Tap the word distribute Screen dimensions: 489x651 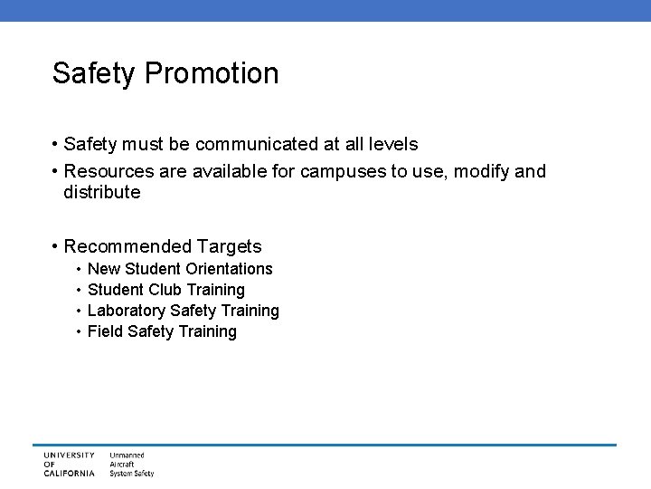[x=102, y=192]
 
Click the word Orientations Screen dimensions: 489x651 [x=229, y=269]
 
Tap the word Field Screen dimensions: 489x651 [x=105, y=331]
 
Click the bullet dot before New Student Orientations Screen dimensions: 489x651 [x=79, y=269]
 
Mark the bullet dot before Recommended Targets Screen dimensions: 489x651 [x=56, y=246]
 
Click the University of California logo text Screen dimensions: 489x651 [x=69, y=464]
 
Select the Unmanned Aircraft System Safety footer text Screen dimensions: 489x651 [x=131, y=464]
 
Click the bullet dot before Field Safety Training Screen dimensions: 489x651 [x=79, y=331]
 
